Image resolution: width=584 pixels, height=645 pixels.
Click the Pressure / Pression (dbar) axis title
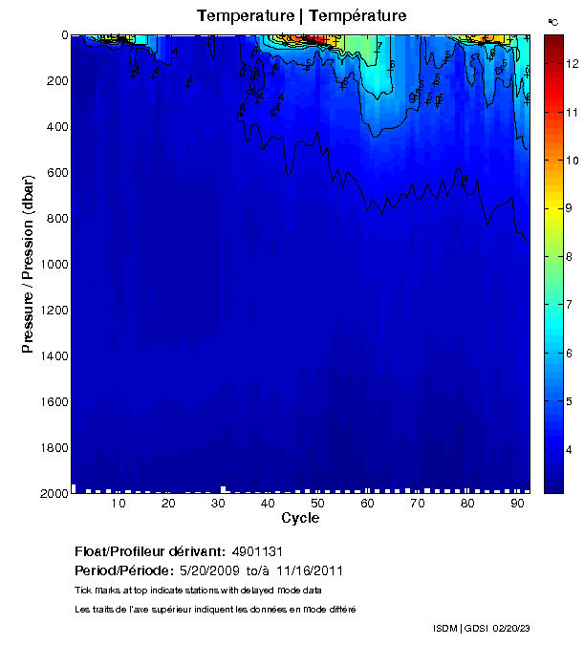coord(29,265)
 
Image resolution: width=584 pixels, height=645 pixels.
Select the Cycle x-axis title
coord(300,518)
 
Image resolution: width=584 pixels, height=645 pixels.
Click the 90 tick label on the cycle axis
coord(517,504)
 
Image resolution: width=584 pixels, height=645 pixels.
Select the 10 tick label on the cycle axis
coord(119,504)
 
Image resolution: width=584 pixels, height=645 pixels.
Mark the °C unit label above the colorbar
coord(552,21)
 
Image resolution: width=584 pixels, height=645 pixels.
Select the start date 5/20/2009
coord(210,570)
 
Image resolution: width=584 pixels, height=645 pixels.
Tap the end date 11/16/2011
coord(310,570)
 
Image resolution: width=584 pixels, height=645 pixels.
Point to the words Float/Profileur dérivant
coord(149,552)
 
